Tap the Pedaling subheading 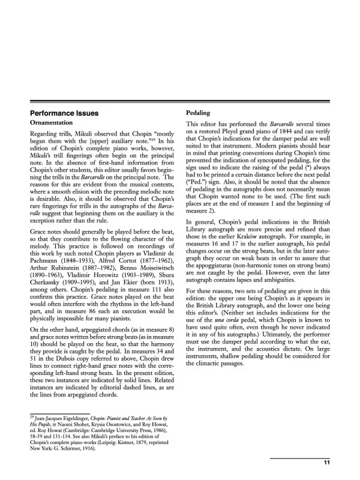(199, 113)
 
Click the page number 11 (326, 461)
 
